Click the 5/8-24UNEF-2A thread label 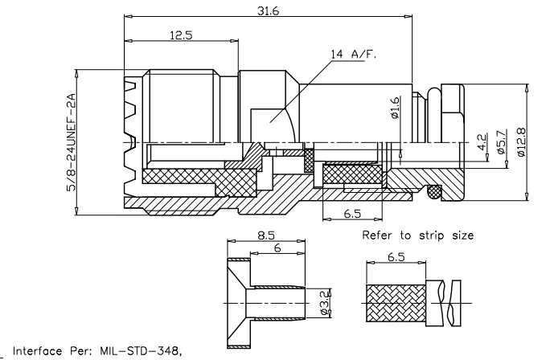pos(71,141)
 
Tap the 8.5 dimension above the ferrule pos(265,236)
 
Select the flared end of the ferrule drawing pos(236,304)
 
